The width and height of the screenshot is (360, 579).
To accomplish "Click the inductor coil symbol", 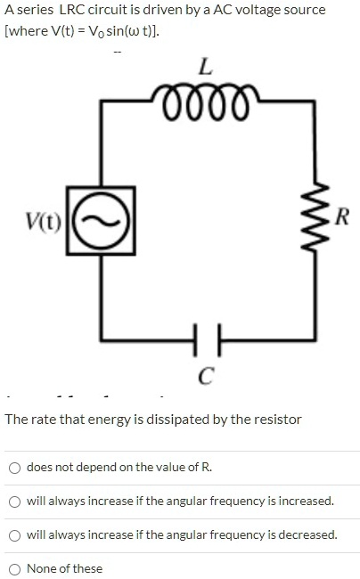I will [205, 94].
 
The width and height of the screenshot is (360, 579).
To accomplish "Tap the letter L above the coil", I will [205, 66].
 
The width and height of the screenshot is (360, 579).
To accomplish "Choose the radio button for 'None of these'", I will [15, 569].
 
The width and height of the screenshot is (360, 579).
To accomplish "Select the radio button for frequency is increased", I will [15, 502].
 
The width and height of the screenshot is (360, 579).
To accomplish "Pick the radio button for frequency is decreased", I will [15, 535].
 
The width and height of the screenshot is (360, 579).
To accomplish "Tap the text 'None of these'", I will [64, 568].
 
